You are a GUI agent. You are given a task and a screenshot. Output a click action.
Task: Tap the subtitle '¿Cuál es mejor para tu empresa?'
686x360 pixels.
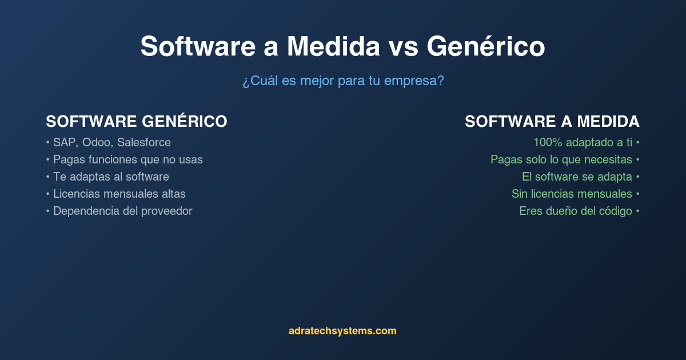pos(343,81)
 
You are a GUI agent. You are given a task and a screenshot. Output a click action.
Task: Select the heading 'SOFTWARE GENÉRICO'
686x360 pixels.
pos(137,122)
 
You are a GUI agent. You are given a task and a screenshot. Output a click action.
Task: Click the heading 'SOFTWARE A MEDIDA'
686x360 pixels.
pos(552,122)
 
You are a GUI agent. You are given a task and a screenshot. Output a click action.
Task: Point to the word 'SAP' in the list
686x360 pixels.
pos(64,142)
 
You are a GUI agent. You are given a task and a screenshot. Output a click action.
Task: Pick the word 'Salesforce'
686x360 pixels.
pos(143,142)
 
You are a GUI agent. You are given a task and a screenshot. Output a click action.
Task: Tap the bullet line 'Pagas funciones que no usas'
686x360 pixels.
pos(127,159)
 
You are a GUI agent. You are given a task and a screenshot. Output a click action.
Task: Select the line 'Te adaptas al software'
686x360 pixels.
pos(111,177)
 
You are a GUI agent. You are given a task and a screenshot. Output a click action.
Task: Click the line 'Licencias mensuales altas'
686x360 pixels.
pos(119,194)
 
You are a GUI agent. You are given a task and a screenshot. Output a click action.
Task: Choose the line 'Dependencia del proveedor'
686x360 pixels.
pos(122,211)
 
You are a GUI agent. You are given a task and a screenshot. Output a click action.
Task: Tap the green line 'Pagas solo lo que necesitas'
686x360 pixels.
pos(561,159)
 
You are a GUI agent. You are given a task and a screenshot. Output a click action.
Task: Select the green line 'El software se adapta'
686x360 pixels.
pos(577,177)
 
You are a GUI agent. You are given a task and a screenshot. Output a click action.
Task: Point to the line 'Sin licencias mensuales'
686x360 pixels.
pos(572,194)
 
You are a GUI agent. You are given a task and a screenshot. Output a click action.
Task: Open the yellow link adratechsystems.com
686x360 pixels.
pos(342,331)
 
